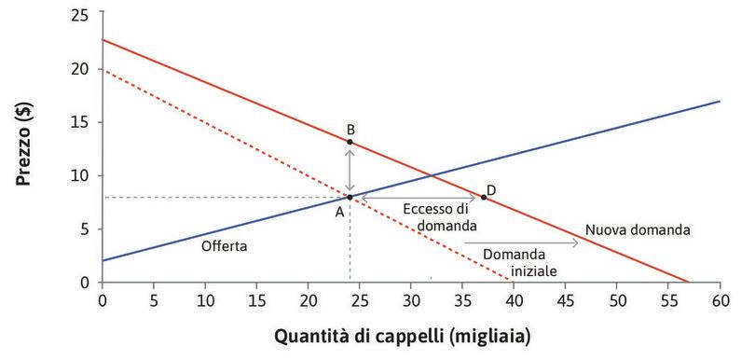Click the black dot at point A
click(x=350, y=197)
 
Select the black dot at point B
click(x=350, y=142)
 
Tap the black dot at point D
click(x=483, y=197)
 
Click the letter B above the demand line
click(x=350, y=129)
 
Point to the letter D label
click(x=491, y=190)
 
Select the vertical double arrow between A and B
click(x=350, y=170)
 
